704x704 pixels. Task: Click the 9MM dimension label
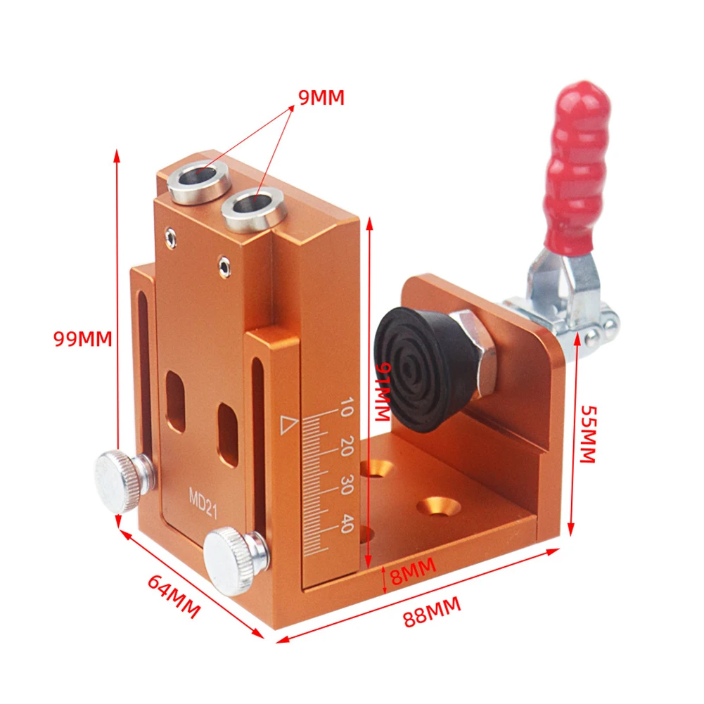[x=321, y=98]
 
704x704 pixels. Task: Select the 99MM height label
[x=83, y=338]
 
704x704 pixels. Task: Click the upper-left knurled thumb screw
[x=120, y=480]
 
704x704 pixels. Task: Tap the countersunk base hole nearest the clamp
[x=438, y=506]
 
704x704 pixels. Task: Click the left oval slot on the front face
[x=174, y=402]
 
